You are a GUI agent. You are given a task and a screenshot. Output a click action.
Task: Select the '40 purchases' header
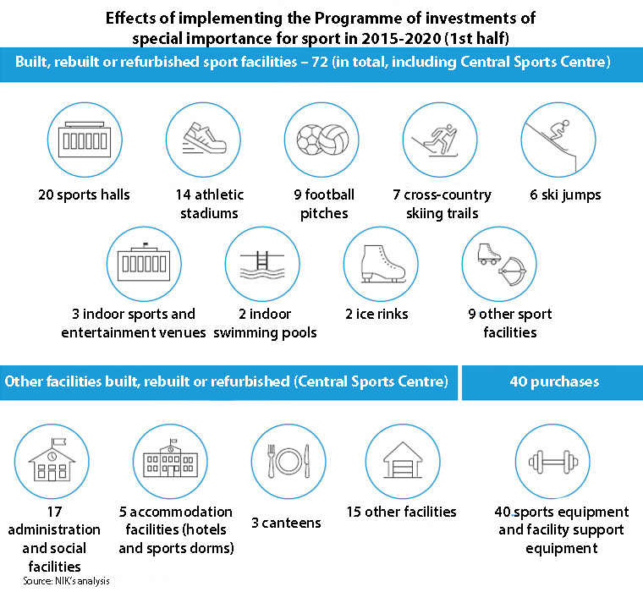point(554,381)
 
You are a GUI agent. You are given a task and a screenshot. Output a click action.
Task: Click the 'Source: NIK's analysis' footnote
point(67,582)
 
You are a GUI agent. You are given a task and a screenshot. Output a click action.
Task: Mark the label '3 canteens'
point(286,523)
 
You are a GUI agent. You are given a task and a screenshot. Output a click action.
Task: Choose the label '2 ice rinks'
point(376,314)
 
